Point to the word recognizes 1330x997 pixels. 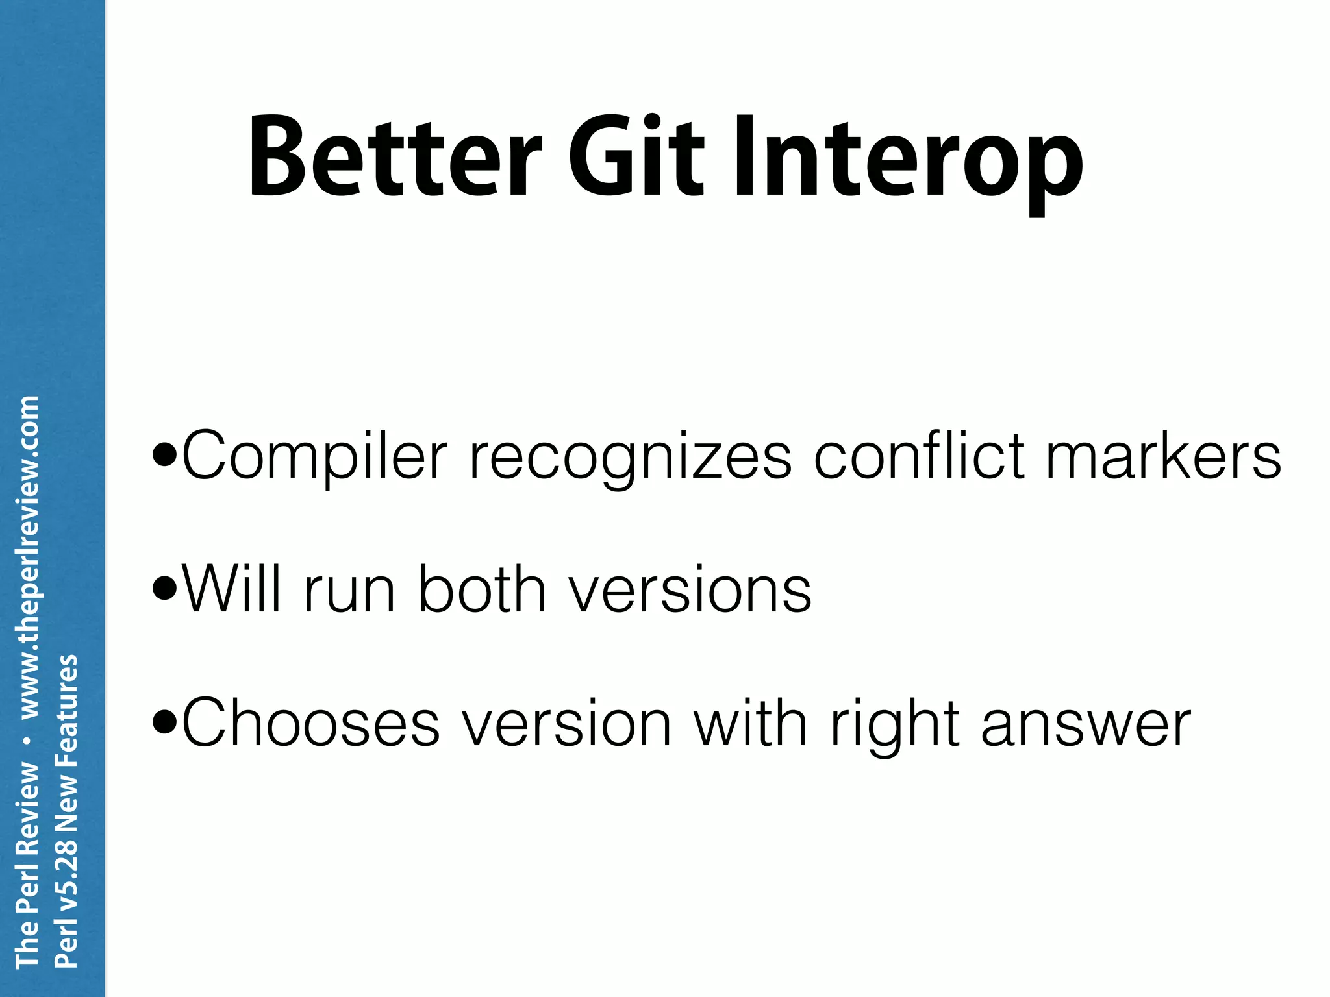[630, 458]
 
